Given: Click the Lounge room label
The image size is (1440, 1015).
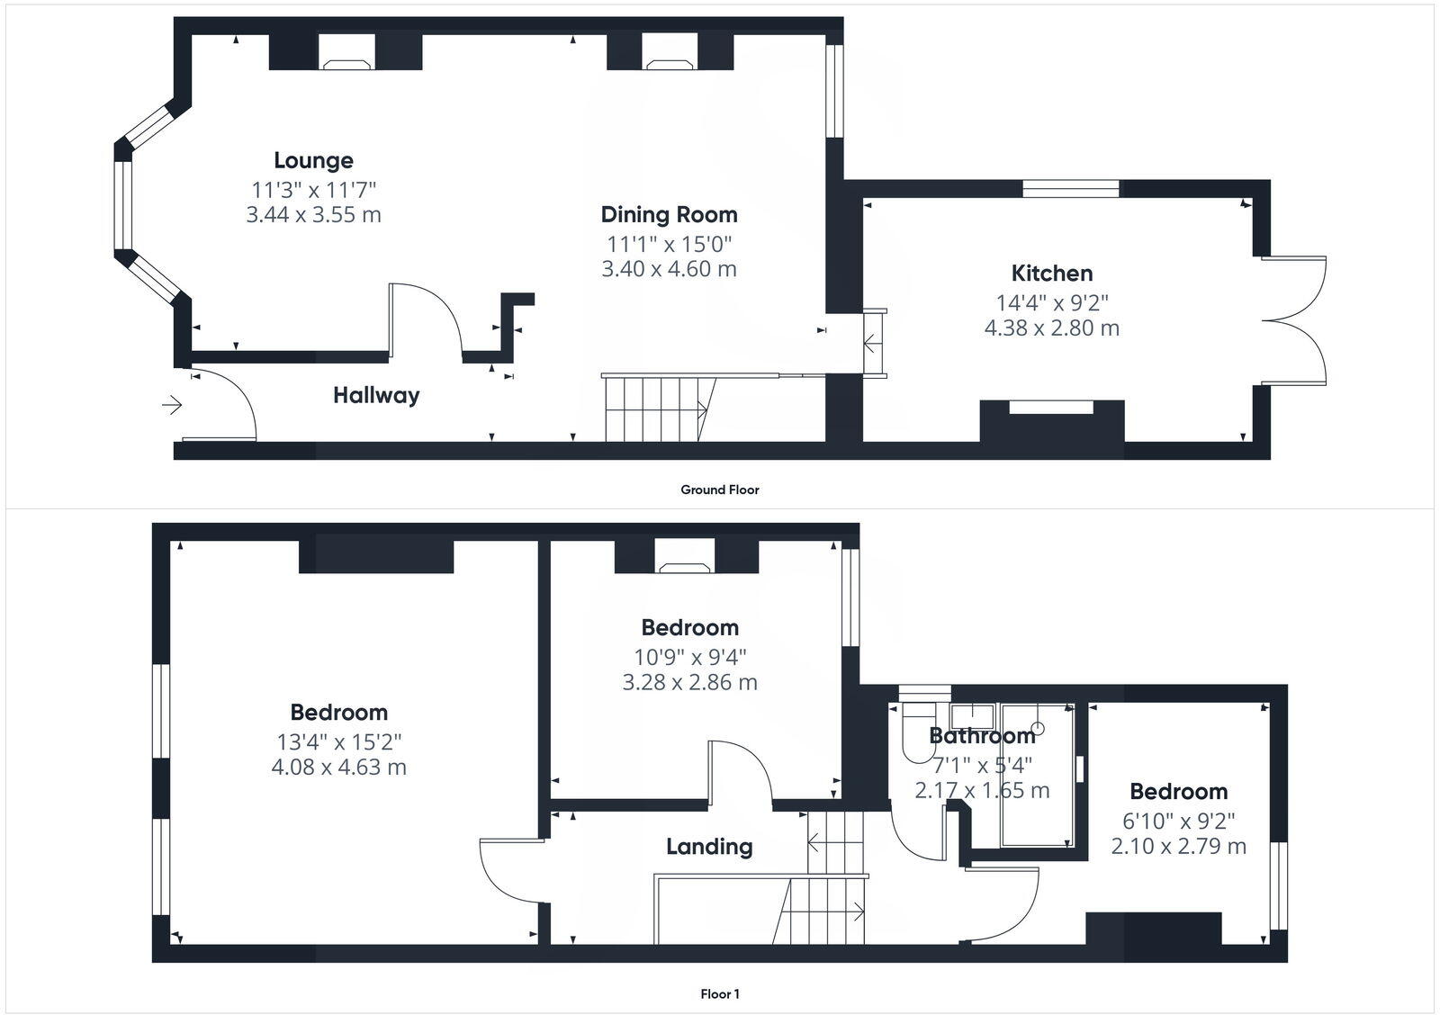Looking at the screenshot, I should coord(313,161).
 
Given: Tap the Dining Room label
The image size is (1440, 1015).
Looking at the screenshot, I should coord(669,215).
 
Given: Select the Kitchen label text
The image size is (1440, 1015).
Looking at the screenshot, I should coord(1051,274).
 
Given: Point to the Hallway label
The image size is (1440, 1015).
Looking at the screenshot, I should coord(376,395).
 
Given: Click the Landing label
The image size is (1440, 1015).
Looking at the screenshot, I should coord(709,847).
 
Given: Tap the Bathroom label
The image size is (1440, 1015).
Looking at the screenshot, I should coord(982,736).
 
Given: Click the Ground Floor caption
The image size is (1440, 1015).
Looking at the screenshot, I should coord(719,490).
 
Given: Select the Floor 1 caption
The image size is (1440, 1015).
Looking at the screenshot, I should coord(719,994).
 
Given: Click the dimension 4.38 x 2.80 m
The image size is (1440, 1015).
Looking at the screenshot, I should coord(1051,328).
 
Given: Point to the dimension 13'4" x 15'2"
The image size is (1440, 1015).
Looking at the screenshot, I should coord(338,742).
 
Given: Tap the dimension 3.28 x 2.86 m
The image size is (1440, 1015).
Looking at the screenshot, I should coord(689,683).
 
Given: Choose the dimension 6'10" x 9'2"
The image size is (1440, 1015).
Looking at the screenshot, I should coord(1178,821).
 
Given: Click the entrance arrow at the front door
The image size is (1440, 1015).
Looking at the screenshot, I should coord(171,406).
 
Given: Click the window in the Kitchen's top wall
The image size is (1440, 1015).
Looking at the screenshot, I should coord(1071,189).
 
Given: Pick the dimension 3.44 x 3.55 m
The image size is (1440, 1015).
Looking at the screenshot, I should coord(313,215).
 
